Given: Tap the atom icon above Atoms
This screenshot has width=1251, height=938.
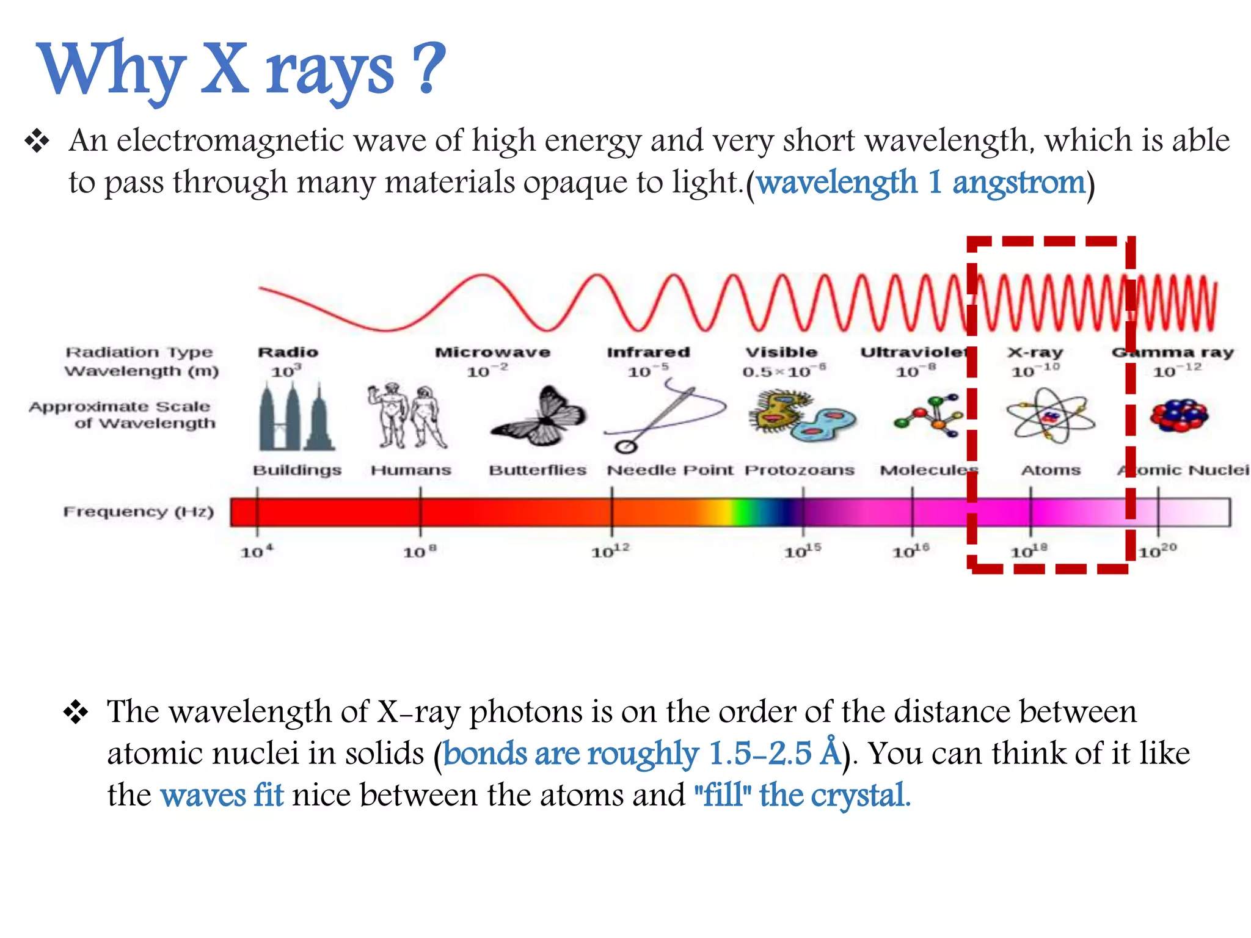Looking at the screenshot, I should [1051, 416].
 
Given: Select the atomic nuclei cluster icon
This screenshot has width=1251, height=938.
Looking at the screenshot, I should [1179, 416].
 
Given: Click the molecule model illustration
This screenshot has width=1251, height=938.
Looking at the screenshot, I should [928, 416].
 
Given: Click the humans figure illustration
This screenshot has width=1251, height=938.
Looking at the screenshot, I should [407, 416].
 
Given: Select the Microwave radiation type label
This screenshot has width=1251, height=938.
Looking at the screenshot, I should [492, 352].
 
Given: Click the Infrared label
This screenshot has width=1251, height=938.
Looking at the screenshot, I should [648, 352].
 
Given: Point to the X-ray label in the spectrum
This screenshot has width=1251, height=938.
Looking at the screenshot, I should [1035, 352].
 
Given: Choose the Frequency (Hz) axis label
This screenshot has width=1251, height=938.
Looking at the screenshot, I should [139, 511].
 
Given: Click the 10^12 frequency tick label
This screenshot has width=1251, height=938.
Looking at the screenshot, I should [610, 551].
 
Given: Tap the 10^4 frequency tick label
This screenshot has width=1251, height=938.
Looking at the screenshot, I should [257, 551].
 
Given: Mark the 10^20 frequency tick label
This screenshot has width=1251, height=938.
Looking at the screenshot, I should [1158, 551].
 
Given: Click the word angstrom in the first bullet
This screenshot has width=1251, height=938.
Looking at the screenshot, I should [1018, 183].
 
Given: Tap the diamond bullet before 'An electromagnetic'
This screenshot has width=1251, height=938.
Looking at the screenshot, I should [37, 141].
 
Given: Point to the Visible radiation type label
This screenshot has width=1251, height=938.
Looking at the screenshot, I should [781, 352].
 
